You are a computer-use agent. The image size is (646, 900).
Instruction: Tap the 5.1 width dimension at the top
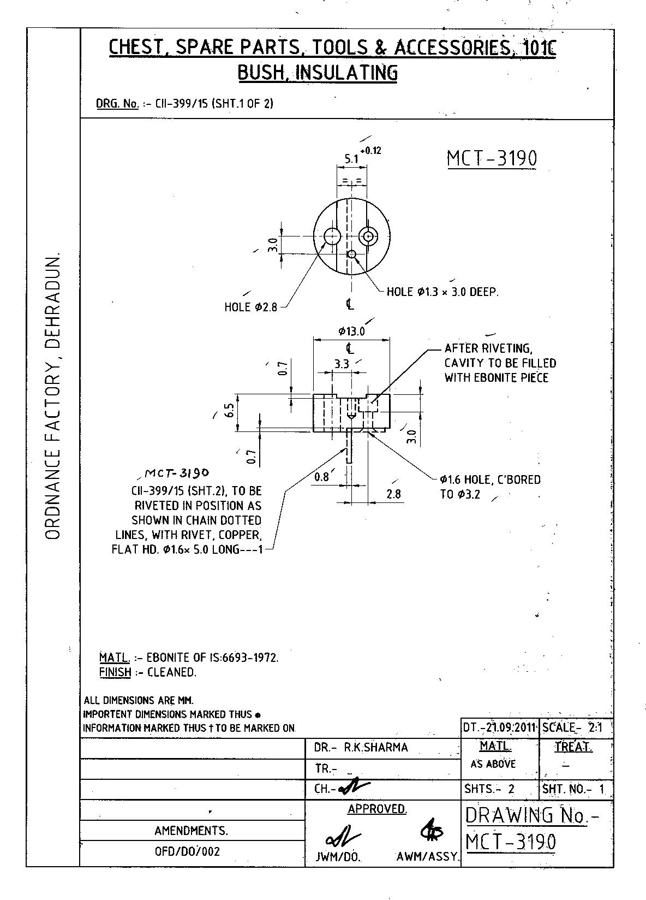point(351,159)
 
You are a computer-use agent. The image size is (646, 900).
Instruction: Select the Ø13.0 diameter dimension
point(351,331)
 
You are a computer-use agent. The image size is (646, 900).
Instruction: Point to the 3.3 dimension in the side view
point(342,364)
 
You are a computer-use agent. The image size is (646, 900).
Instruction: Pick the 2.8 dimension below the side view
point(393,494)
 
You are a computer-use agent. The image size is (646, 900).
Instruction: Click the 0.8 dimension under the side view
point(322,477)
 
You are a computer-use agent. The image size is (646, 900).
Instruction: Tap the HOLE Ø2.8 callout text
point(251,307)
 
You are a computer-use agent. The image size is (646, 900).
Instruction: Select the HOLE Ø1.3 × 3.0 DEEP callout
point(442,292)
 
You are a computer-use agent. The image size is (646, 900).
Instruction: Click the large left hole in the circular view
point(332,236)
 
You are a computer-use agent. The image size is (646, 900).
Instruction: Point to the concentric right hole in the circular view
point(369,236)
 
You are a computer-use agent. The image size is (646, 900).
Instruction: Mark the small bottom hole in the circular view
point(351,254)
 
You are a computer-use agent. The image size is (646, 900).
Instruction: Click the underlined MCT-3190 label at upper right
point(492,159)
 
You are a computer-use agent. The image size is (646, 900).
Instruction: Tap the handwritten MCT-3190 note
point(177,472)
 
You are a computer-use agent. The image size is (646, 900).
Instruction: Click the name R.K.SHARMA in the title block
point(376,748)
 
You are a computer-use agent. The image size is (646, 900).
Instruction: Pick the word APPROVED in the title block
point(377,809)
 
